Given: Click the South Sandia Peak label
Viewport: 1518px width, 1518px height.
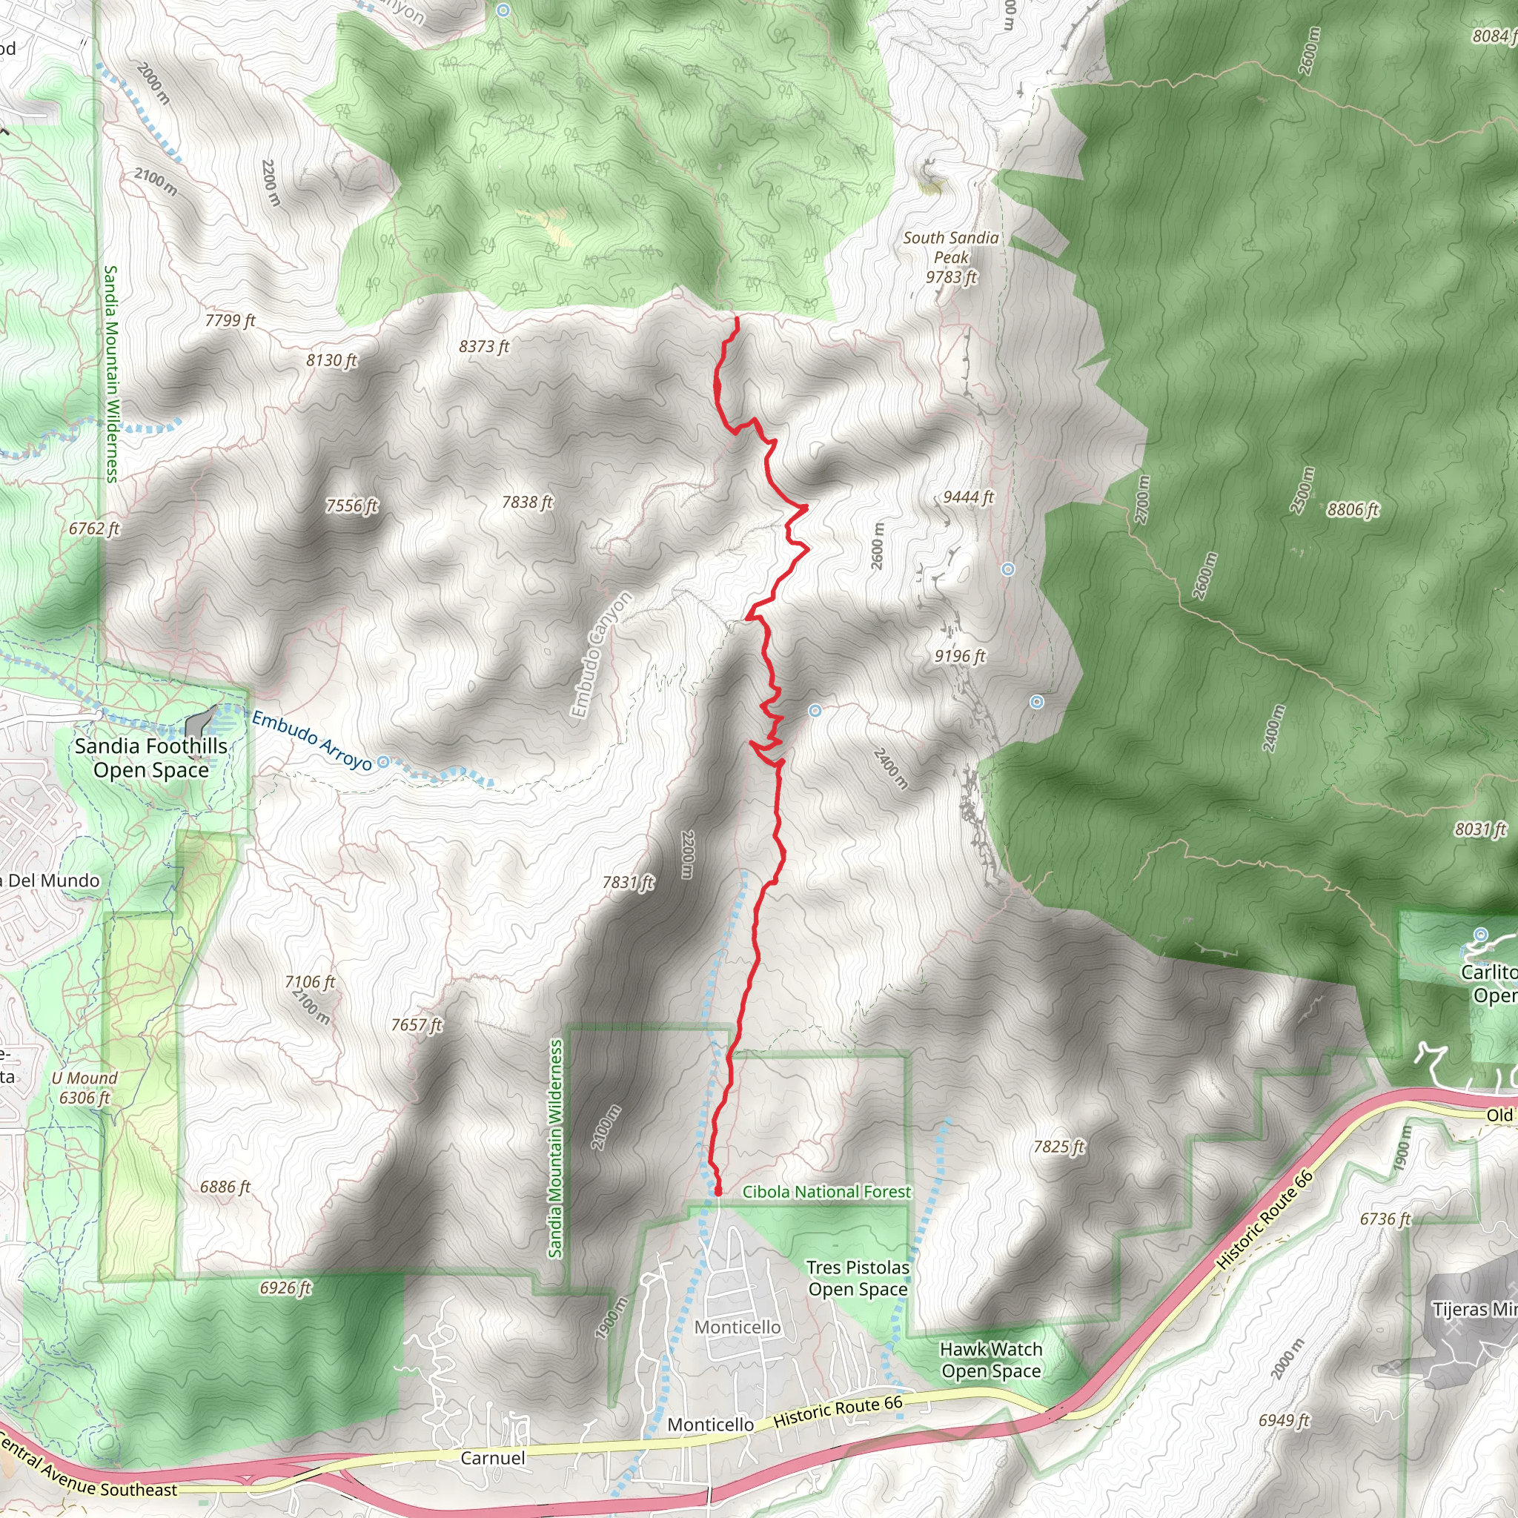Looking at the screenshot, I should (951, 257).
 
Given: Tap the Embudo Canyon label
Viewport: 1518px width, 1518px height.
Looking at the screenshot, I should (601, 654).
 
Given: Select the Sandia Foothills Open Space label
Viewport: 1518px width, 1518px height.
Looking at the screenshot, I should (151, 758).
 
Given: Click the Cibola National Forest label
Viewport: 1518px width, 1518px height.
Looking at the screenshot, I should (826, 1192).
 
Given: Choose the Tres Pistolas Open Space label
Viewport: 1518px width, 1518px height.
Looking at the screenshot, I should (858, 1279).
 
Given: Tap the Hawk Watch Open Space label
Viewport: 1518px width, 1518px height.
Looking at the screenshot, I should (991, 1360).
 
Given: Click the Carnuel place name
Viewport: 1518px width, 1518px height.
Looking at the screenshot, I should (493, 1458).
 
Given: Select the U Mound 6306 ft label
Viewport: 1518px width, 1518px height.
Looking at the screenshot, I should (84, 1088).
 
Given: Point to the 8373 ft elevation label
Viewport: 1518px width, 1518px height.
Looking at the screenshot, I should (484, 346).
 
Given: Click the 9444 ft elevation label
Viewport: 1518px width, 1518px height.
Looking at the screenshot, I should (968, 497).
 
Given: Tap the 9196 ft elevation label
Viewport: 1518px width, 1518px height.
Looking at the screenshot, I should (959, 656).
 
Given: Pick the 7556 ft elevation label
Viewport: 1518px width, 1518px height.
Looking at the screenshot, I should (352, 506).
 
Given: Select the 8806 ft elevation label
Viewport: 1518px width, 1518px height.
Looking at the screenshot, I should (1353, 510).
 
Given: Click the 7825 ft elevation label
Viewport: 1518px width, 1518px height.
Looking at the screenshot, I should (1058, 1147).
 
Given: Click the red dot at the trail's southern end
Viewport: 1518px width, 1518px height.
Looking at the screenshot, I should (717, 1192).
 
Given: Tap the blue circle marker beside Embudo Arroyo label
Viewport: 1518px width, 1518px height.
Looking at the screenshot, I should (383, 761).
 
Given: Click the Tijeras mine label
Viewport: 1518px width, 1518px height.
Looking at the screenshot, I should (1474, 1310).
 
